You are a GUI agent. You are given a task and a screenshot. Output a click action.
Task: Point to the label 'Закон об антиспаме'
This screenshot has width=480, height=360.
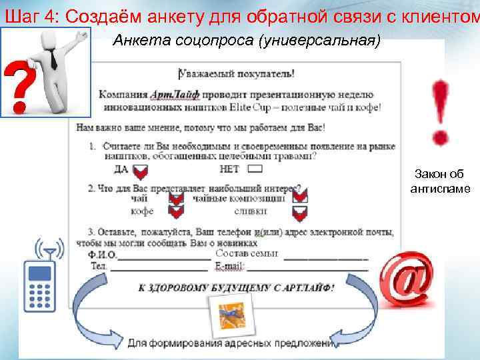click(441, 181)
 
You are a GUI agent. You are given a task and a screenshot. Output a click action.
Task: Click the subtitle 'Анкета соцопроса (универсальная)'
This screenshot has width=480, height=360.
click(247, 41)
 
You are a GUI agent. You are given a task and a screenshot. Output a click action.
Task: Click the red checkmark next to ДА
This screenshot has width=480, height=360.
click(141, 170)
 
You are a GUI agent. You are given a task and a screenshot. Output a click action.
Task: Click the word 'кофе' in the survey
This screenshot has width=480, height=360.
click(143, 211)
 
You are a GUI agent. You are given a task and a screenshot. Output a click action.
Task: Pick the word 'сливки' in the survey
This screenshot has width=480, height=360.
click(251, 211)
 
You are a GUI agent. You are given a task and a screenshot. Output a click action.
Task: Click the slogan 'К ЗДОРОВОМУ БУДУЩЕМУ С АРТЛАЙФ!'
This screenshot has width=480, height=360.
click(237, 288)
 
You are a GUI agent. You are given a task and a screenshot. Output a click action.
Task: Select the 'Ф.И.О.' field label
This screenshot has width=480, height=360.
click(103, 255)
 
